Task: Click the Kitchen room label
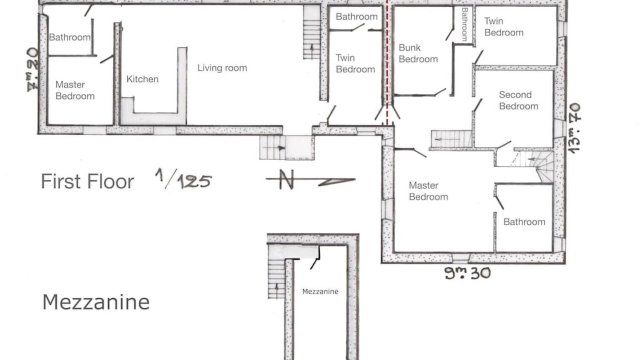142,79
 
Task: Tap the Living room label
222,68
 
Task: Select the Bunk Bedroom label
418,53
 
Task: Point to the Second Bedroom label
518,100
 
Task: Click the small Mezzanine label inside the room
320,291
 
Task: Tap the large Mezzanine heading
96,302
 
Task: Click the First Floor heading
87,181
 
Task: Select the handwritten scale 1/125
183,178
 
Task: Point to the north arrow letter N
286,179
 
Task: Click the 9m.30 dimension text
467,272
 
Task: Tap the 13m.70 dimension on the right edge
575,128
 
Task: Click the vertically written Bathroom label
464,24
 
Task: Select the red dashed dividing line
387,63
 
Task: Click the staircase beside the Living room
311,32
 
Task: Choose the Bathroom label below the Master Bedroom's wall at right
524,222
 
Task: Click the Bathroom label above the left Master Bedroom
69,37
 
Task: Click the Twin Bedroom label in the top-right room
503,27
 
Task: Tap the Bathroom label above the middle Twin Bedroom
356,16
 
